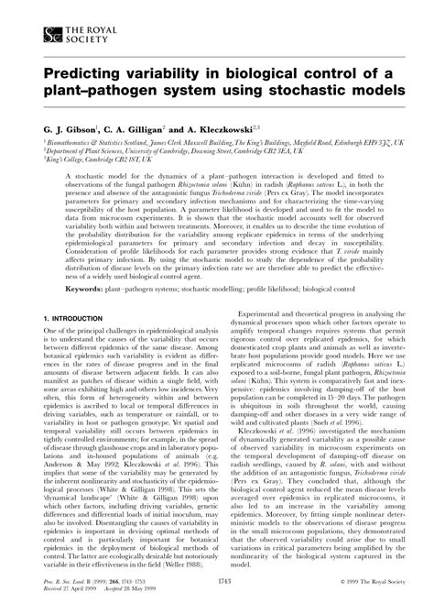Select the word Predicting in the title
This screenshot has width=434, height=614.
pos(82,73)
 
